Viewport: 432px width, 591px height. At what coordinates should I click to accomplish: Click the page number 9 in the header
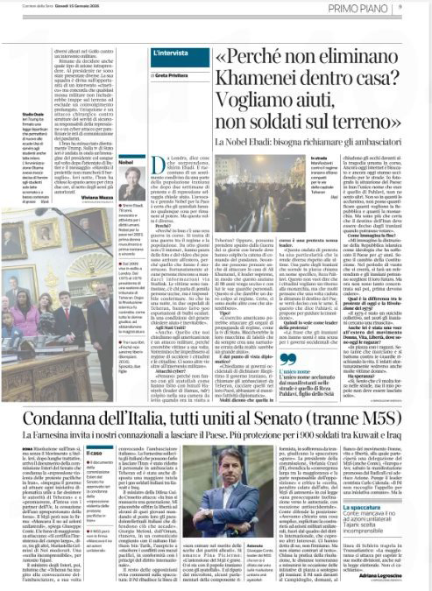(424, 7)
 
